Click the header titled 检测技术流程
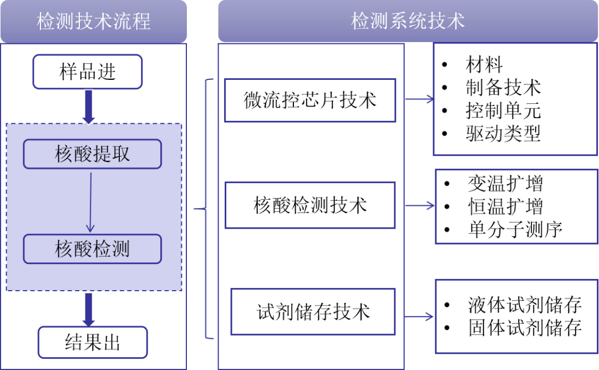point(93,21)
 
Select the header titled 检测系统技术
point(408,21)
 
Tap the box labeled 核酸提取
point(92,154)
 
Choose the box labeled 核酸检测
point(92,249)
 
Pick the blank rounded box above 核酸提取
point(88,72)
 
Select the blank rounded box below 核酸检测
point(93,342)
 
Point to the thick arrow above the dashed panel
point(88,107)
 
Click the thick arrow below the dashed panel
point(88,309)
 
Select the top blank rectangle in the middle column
point(310,100)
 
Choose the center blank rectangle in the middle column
point(310,205)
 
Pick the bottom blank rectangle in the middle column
point(313,312)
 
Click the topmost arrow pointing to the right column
point(419,100)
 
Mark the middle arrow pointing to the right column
point(419,206)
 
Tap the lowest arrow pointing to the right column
point(419,317)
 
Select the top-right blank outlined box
point(515,99)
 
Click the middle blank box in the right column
point(516,206)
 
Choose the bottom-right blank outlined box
point(516,316)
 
